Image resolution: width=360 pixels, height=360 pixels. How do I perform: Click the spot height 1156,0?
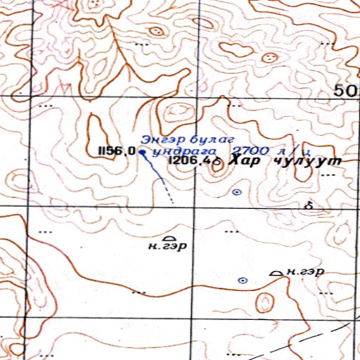tap(117, 150)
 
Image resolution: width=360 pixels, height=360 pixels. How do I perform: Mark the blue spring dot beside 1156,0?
tap(141, 151)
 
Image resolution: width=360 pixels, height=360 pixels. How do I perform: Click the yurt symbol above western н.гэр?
tap(167, 238)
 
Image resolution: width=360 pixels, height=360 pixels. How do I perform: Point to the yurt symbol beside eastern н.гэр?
tap(277, 273)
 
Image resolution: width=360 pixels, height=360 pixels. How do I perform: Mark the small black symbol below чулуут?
tap(308, 205)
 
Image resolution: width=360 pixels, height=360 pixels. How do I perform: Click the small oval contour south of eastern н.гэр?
tap(264, 303)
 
